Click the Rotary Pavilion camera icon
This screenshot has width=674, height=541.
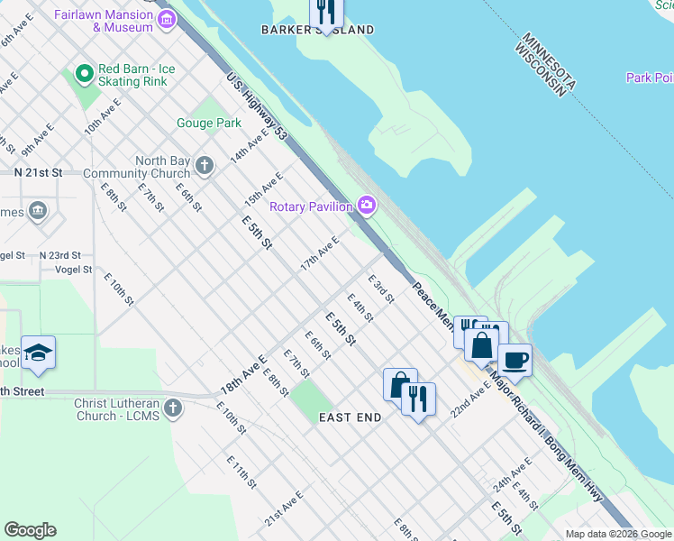[367, 206]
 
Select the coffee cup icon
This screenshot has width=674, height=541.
[514, 359]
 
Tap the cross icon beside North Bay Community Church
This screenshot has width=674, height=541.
[205, 165]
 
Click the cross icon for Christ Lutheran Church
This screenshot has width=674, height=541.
[173, 408]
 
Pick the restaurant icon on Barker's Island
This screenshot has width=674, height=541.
[325, 11]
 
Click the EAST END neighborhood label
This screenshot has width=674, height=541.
[350, 417]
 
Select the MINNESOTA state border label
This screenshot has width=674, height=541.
[544, 63]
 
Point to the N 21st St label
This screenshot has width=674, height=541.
[37, 171]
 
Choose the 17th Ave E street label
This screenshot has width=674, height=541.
[320, 253]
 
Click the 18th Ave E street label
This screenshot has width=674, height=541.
[243, 375]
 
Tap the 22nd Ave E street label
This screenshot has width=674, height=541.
[471, 397]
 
